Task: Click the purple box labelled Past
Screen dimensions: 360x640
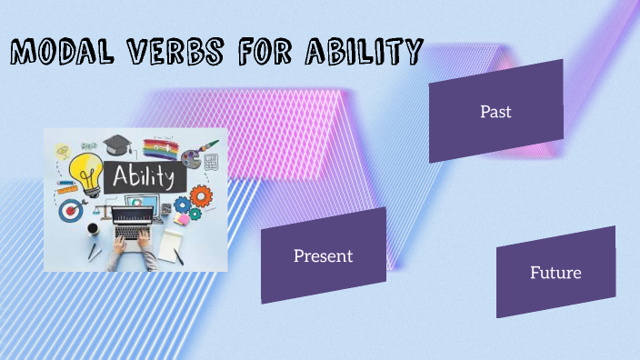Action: click(x=495, y=111)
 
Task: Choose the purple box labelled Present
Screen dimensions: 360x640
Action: click(x=323, y=255)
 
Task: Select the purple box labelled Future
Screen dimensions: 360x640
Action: click(x=555, y=272)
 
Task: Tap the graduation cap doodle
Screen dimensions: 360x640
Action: click(x=116, y=145)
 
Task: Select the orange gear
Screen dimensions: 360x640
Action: click(x=200, y=195)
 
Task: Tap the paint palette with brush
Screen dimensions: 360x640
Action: click(x=194, y=155)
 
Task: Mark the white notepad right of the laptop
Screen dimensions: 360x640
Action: click(x=172, y=243)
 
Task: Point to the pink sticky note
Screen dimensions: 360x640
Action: click(x=183, y=217)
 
